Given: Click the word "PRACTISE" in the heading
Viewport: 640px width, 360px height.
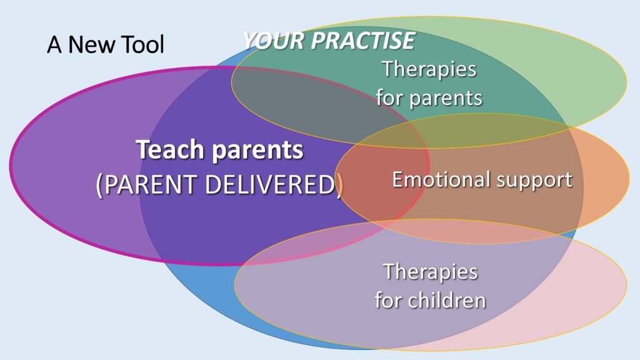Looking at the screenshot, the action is point(363,41).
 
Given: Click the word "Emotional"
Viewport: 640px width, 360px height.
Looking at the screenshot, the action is point(441,179).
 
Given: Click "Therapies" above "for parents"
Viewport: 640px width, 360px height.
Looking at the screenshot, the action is point(429,69).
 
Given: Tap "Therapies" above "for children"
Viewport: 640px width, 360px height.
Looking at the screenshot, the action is point(430,272).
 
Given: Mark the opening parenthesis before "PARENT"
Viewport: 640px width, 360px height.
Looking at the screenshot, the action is point(99,185).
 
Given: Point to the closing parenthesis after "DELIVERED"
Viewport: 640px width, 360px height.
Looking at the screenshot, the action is point(339,185).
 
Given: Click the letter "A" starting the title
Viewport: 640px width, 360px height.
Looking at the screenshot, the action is point(54,44).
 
